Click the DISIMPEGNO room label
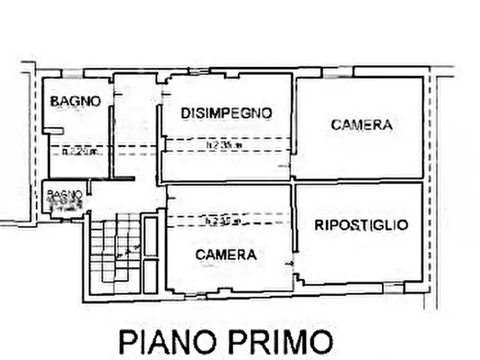tap(226, 113)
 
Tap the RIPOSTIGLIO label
tap(361, 225)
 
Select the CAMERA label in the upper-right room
tap(361, 125)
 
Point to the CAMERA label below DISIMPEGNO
tap(226, 255)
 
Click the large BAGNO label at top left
tap(75, 101)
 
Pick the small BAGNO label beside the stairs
tap(64, 193)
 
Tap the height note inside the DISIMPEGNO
tap(225, 145)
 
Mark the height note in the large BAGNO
tap(81, 152)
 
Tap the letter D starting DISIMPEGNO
tap(185, 113)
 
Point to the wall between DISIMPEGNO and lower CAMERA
tap(228, 183)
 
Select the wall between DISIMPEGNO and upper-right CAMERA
tap(293, 126)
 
